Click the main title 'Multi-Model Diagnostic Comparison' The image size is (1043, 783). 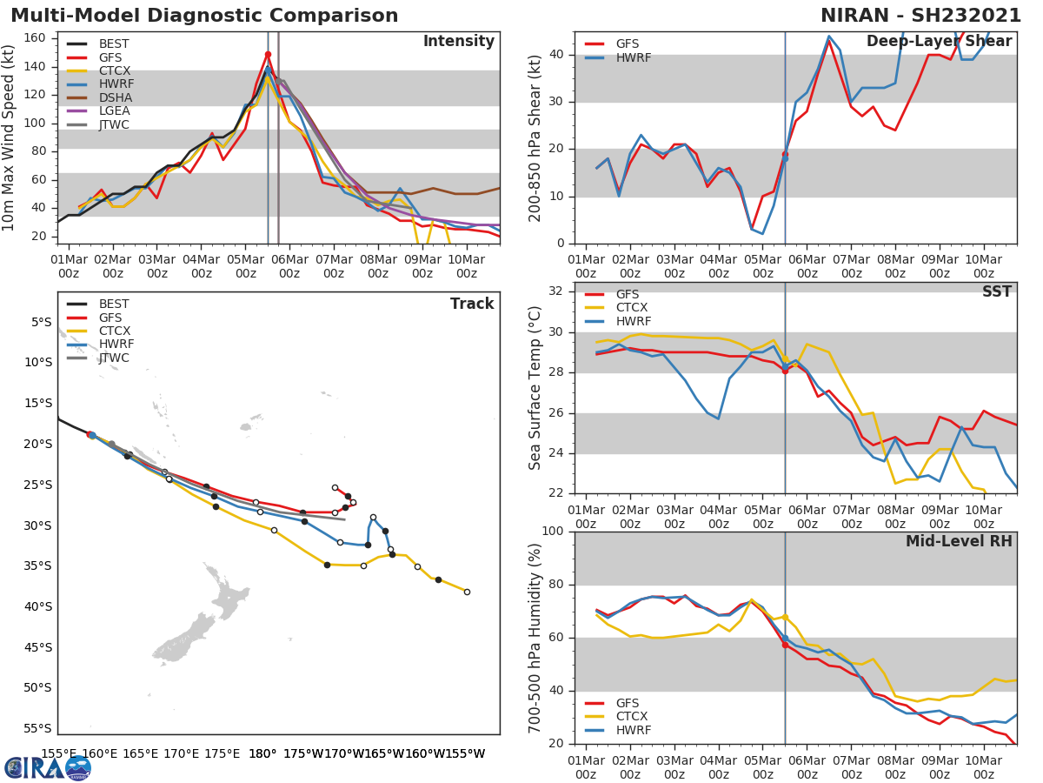click(204, 16)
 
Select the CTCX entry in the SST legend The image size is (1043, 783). click(632, 308)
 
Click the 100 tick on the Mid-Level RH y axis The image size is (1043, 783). click(554, 532)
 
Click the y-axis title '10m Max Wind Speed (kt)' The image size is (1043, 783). click(10, 138)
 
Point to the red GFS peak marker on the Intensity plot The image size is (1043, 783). click(268, 54)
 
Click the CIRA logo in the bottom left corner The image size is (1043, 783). click(48, 767)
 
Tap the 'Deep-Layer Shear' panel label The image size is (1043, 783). click(939, 42)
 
